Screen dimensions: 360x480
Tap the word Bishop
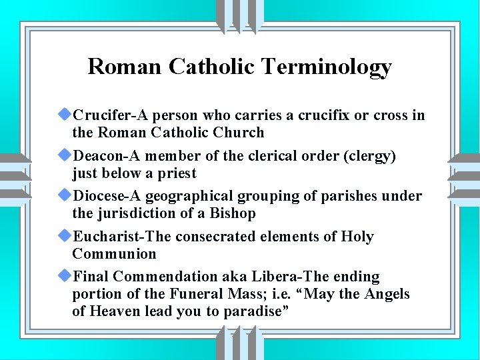233,214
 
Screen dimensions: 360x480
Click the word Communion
114,254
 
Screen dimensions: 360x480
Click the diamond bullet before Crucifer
65,115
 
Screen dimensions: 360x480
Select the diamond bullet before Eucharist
65,237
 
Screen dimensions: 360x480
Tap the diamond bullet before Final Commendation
65,277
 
